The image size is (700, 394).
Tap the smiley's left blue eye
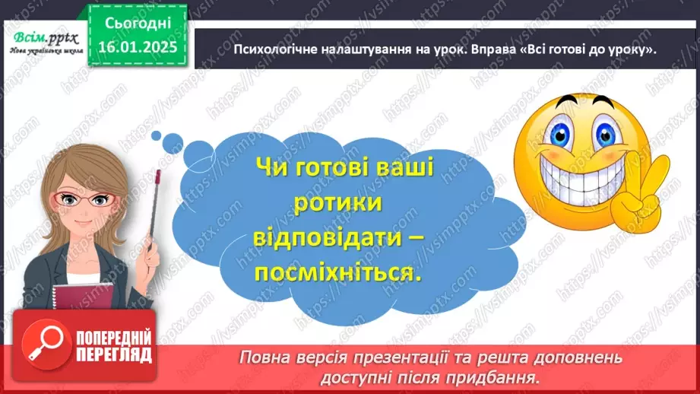pos(561,134)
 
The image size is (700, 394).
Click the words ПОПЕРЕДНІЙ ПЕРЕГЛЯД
pos(115,346)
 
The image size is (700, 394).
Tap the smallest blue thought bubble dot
pos(155,135)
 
